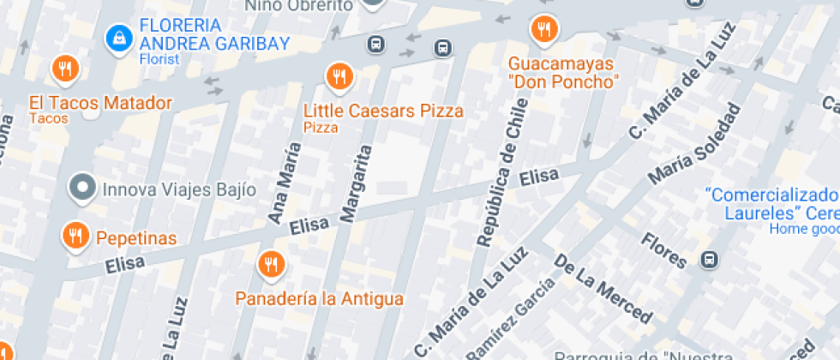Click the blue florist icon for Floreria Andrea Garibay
pos(117,37)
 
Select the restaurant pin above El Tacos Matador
pos(64,68)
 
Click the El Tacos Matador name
pos(100,104)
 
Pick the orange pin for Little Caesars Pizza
pos(339,77)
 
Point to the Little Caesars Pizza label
pos(383,111)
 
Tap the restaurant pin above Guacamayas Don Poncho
pos(543,30)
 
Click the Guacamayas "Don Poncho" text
pos(563,73)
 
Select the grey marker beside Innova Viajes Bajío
pos(82,186)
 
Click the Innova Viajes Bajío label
pos(178,189)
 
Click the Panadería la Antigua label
pos(320,299)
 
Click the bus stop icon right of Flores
pos(709,259)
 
